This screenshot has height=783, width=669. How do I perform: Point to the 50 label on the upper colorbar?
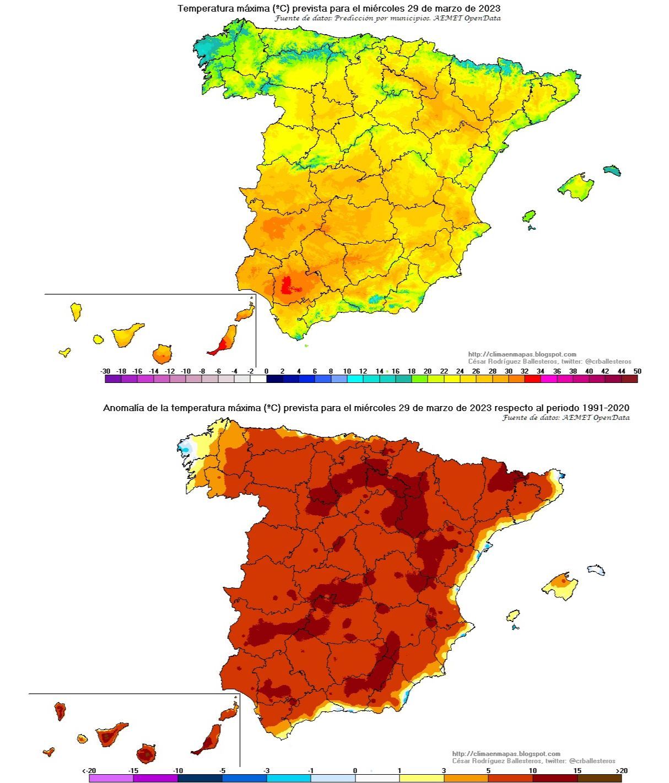(x=638, y=371)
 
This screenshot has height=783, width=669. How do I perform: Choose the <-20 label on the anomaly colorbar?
(x=89, y=771)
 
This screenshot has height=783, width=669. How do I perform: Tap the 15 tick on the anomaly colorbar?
(x=577, y=771)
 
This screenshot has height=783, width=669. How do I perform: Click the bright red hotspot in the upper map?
(x=286, y=286)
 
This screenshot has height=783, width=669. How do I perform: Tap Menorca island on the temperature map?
(x=612, y=170)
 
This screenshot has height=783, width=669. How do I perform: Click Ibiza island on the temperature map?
(x=529, y=215)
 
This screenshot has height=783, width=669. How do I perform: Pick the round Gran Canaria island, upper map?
(x=163, y=353)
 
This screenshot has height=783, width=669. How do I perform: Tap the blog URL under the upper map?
(x=522, y=354)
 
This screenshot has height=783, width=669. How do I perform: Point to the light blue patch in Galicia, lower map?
(x=185, y=449)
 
